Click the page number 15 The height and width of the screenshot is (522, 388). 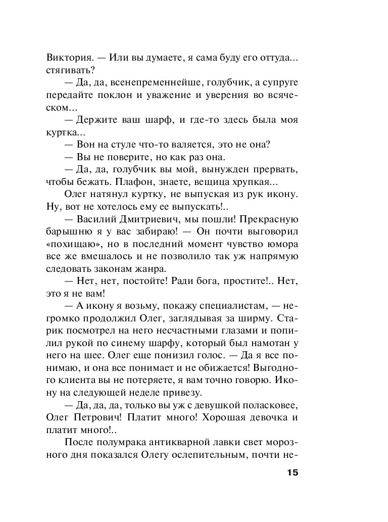[x=292, y=473]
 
